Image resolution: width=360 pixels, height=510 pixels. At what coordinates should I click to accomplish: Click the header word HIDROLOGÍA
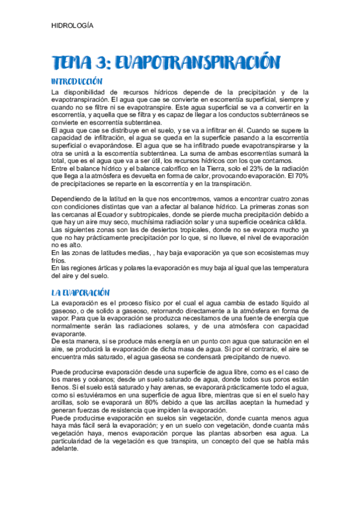[72, 26]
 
